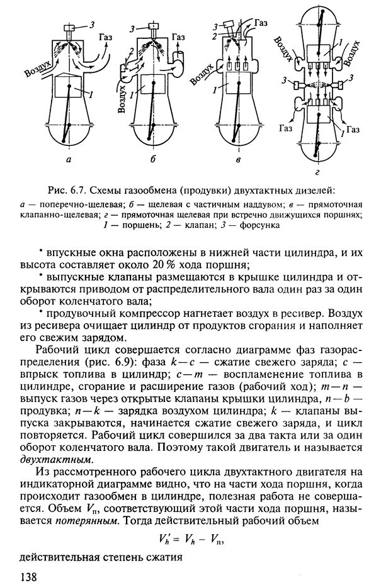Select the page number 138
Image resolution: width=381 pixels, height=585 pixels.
coord(30,576)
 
